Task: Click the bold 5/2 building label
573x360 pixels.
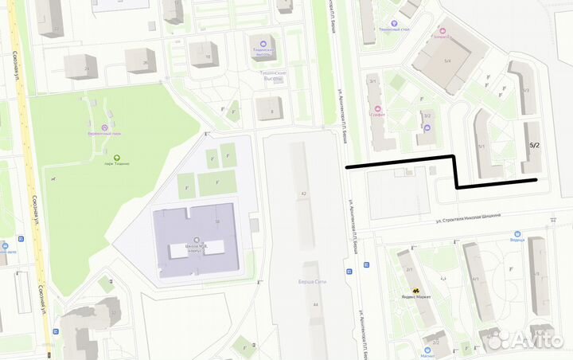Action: point(534,146)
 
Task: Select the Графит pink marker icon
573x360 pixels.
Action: point(377,108)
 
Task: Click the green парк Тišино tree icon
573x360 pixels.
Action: point(117,157)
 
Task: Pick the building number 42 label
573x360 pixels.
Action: point(304,194)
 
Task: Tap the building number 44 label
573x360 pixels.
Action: point(315,305)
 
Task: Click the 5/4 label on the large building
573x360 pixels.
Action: point(447,61)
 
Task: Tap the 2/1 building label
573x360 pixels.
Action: point(409,270)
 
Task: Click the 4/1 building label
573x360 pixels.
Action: point(475,279)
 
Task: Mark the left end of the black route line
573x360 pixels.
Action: point(347,167)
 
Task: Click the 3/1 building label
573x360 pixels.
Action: point(372,80)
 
